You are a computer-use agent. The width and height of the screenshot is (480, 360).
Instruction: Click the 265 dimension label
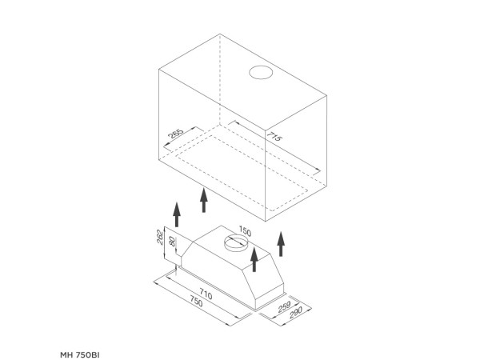point(176,134)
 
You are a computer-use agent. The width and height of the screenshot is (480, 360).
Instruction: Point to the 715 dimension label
point(274,136)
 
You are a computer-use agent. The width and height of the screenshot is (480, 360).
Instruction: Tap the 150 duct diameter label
point(245,231)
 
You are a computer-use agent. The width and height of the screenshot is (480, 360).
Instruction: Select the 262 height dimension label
point(160,237)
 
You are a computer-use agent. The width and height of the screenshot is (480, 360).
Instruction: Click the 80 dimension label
point(172,242)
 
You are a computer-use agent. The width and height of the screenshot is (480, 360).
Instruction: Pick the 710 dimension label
point(206,294)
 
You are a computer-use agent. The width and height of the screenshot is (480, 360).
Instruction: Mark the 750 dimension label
point(196,302)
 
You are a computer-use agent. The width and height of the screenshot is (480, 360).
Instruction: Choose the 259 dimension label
point(284,306)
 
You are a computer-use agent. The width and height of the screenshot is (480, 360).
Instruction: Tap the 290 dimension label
point(296,313)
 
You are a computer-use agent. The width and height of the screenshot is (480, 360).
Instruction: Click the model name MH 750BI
point(80,355)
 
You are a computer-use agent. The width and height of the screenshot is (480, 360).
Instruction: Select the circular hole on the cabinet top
point(261,66)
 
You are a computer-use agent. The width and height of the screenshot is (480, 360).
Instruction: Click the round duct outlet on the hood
point(236,238)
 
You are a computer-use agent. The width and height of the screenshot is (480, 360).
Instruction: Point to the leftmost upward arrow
point(177,214)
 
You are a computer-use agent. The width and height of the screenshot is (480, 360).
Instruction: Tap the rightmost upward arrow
point(281,244)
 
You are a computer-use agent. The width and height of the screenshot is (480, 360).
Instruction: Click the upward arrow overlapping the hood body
point(254,259)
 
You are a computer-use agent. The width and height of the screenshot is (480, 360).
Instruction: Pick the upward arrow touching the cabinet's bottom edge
point(204,199)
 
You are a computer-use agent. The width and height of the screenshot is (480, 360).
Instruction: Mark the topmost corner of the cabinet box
point(220,34)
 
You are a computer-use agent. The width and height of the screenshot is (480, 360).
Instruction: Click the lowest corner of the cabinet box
point(265,221)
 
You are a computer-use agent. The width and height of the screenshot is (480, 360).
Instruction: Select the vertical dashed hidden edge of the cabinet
point(220,79)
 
